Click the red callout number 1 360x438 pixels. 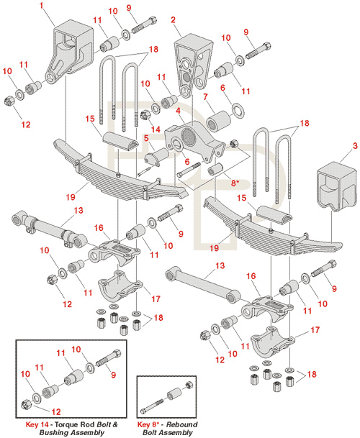(x=42, y=6)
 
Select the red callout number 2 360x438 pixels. (x=174, y=20)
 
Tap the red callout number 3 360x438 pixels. (x=355, y=146)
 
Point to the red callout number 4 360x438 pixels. (x=178, y=111)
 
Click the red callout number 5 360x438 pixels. (x=146, y=138)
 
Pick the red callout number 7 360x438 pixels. (x=206, y=97)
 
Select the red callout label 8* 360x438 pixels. (x=235, y=183)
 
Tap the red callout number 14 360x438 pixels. (x=156, y=129)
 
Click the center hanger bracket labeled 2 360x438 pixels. (x=194, y=64)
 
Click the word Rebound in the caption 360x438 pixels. (x=181, y=424)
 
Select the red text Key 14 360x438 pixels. (x=37, y=424)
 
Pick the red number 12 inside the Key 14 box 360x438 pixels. (x=56, y=411)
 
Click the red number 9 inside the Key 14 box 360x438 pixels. (x=113, y=375)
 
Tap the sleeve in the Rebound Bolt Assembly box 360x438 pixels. (x=174, y=394)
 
